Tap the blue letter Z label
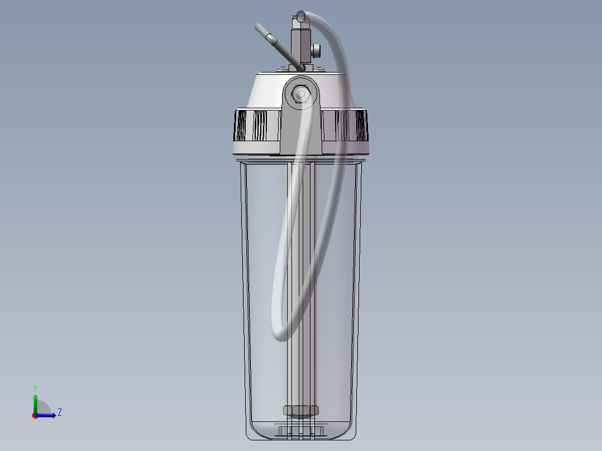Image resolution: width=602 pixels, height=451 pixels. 59,412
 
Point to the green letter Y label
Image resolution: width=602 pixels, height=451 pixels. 35,388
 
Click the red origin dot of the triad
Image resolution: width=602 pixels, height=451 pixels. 35,415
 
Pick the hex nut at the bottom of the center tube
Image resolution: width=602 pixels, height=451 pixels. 301,411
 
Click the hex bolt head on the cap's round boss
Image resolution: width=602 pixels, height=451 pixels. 301,94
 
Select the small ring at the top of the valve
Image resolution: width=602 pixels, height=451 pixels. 302,16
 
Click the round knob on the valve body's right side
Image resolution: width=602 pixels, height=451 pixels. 317,52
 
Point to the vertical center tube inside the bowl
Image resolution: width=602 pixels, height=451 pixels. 301,279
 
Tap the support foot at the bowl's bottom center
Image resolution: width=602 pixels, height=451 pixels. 301,431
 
